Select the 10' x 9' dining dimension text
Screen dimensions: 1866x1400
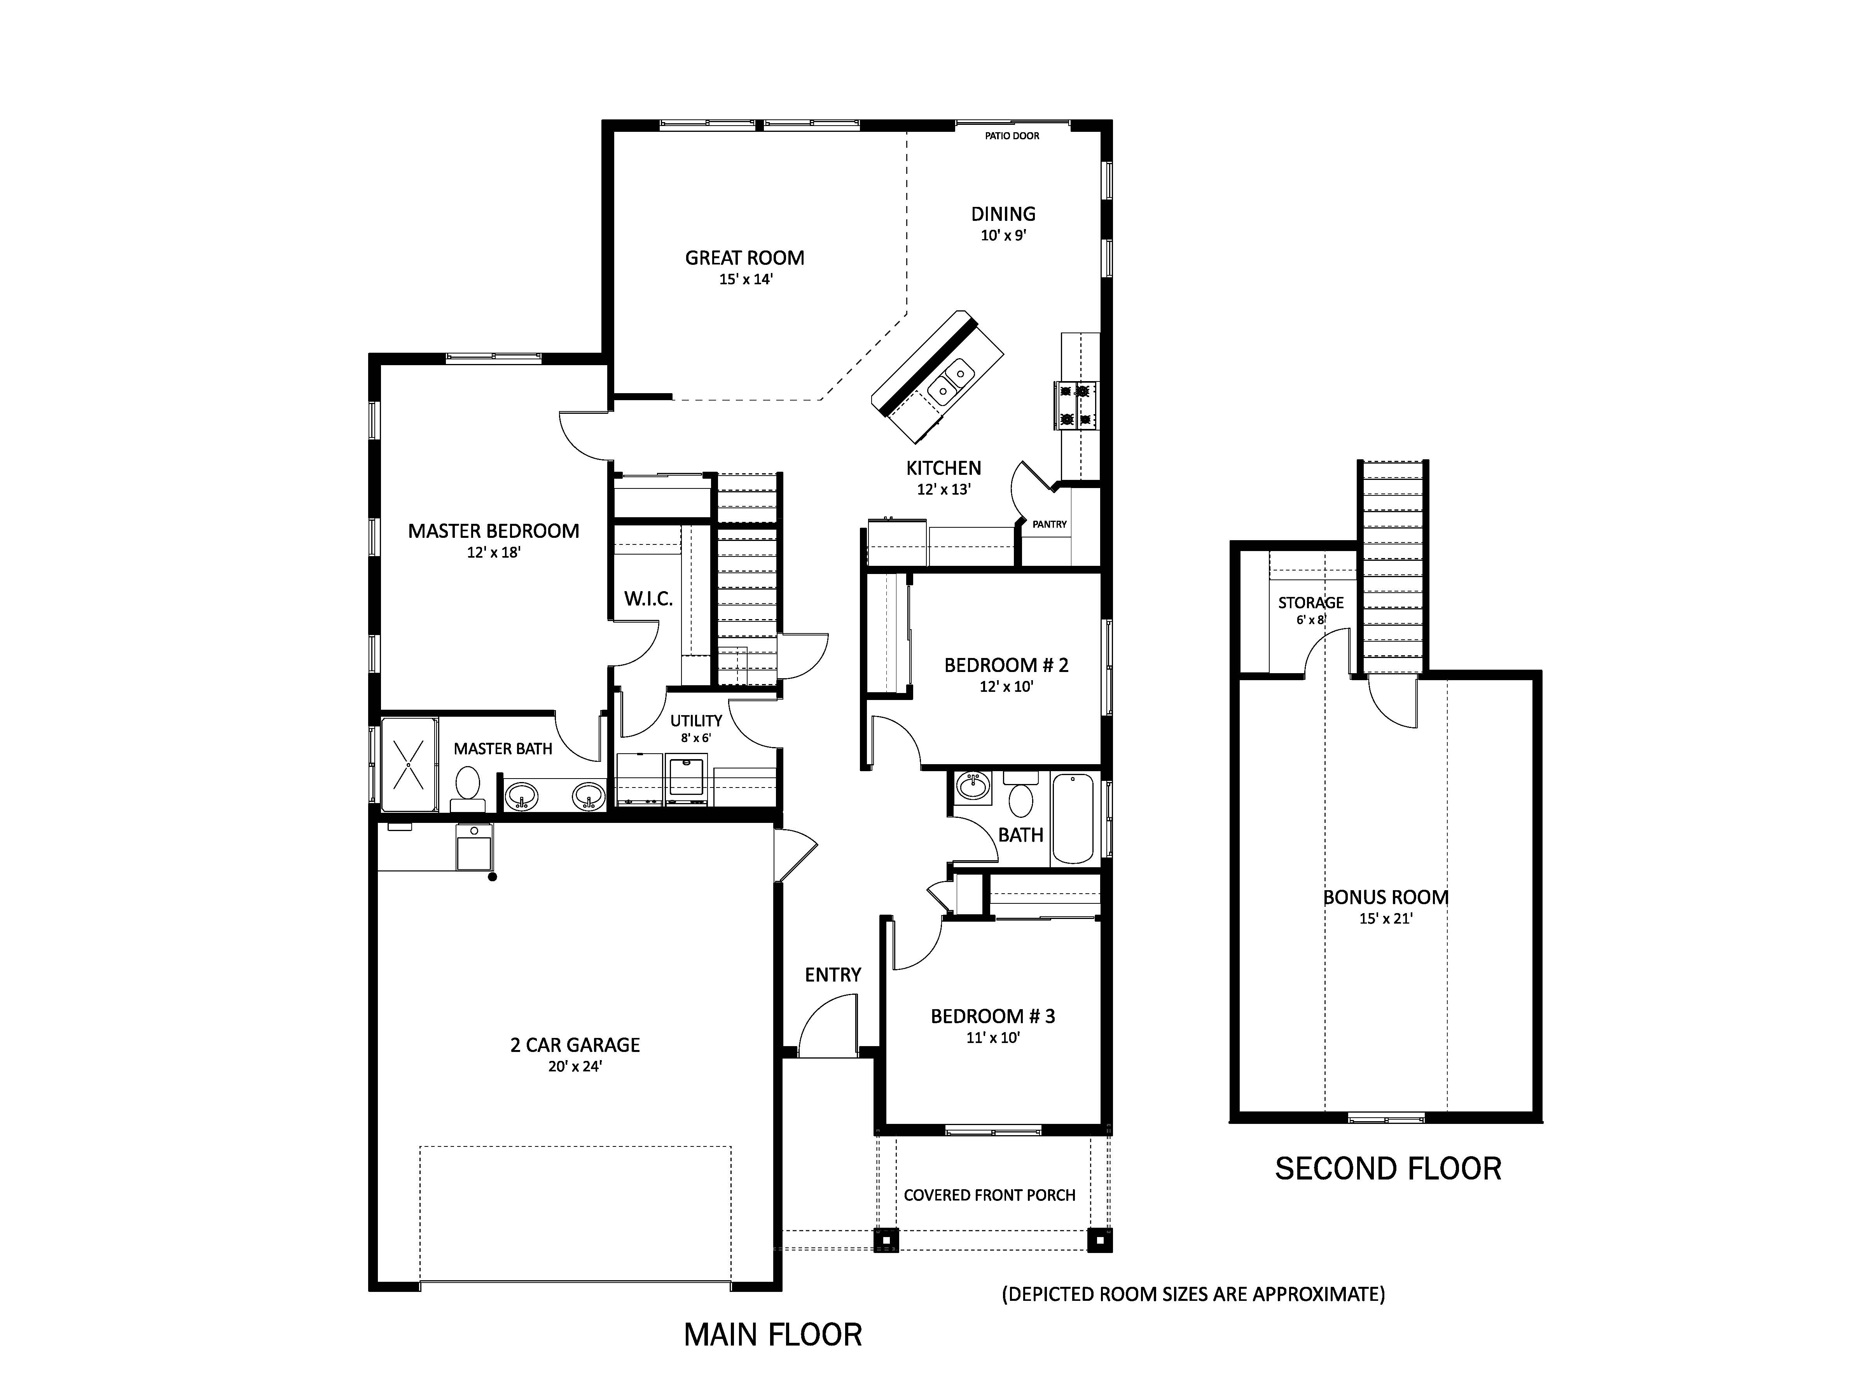point(1003,235)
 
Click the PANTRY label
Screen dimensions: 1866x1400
point(1049,524)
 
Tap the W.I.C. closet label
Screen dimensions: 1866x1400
point(648,599)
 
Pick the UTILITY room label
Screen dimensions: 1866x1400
point(696,721)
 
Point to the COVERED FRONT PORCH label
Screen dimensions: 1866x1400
point(989,1195)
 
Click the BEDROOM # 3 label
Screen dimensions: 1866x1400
point(993,1016)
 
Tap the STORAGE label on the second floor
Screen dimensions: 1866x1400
point(1311,602)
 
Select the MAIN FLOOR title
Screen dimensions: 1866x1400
point(773,1335)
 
